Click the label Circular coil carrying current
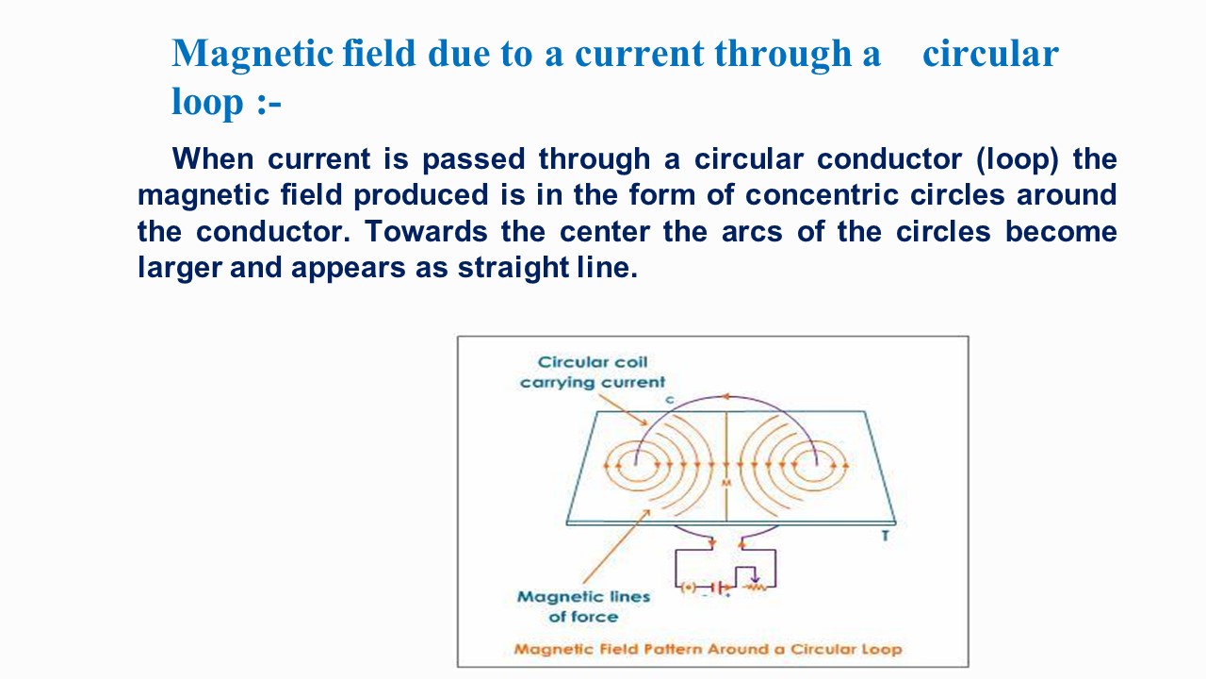point(593,372)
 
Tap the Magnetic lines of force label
point(583,605)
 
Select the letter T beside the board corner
point(884,537)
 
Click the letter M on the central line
point(725,482)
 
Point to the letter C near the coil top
point(669,401)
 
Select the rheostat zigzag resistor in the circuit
point(754,588)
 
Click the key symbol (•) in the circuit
point(689,588)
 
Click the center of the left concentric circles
point(636,464)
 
